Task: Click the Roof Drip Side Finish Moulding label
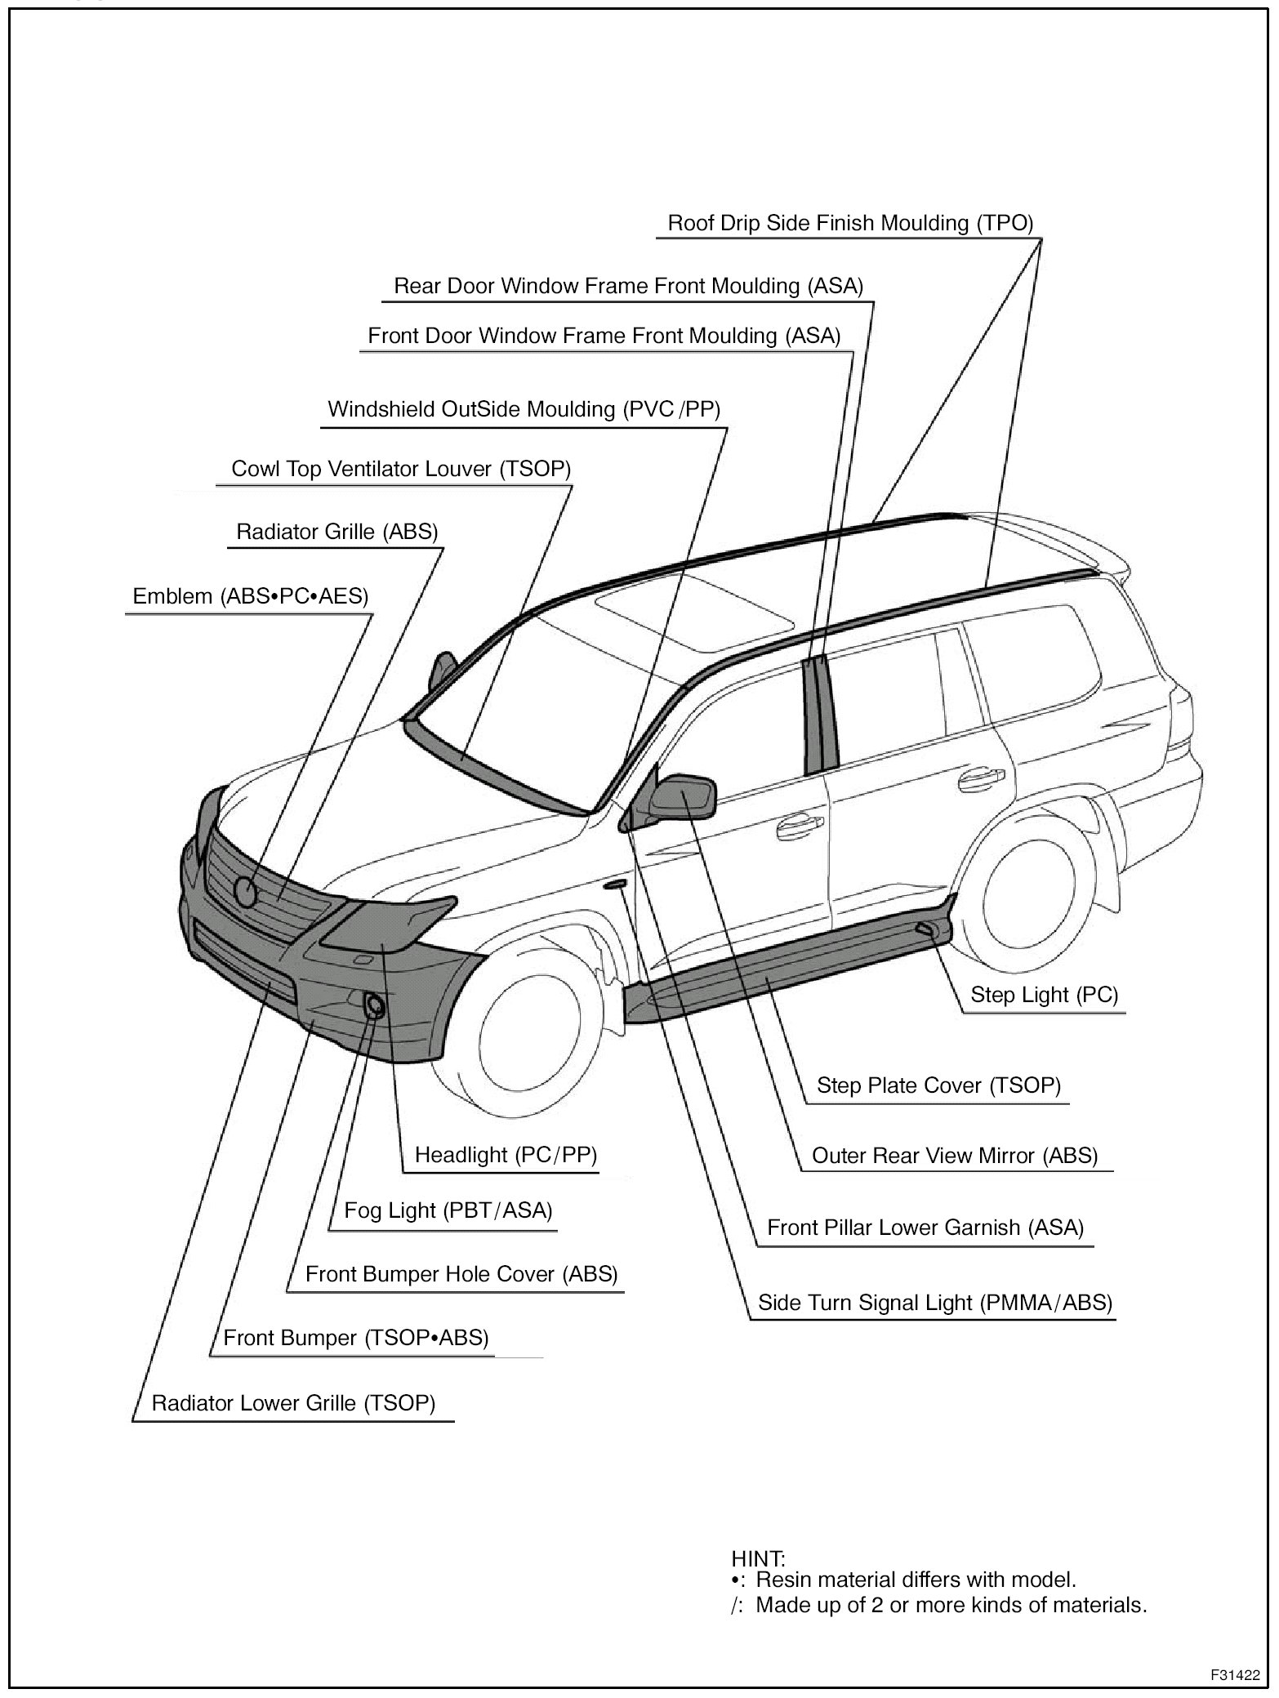pos(850,223)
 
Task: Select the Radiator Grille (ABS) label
pos(336,532)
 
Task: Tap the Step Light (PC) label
pos(1044,994)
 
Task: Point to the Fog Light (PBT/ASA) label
pos(448,1210)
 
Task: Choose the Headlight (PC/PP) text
pos(506,1154)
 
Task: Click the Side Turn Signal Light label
pos(934,1302)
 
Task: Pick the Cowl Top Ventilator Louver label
pos(401,469)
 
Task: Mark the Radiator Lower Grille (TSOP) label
pos(293,1402)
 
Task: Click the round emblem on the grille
pos(246,889)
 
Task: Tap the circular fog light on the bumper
pos(376,1005)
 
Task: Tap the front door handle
pos(800,828)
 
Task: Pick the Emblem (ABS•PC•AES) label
pos(251,596)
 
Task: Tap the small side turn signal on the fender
pos(615,884)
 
